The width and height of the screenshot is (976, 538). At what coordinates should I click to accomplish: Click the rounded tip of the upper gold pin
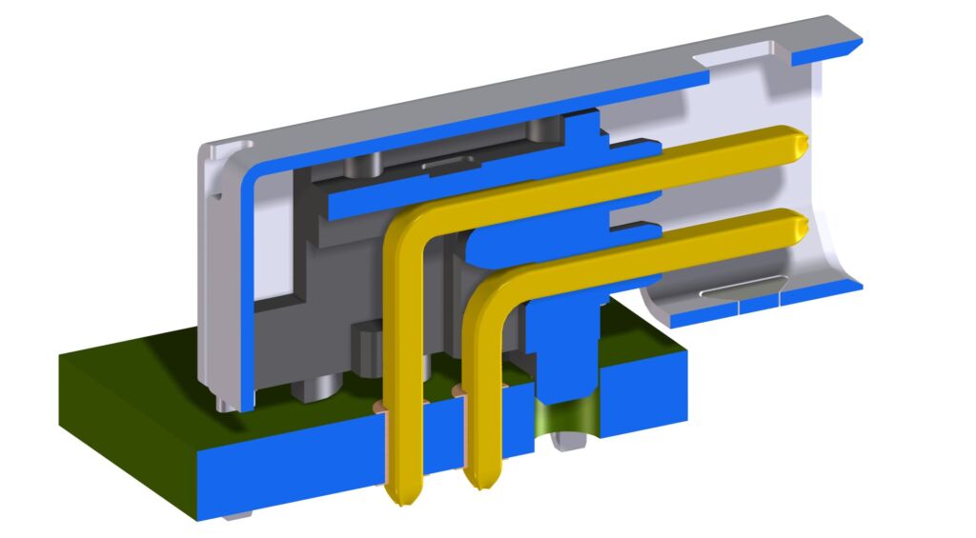tap(798, 143)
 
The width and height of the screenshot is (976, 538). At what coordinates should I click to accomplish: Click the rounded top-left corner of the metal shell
tap(212, 153)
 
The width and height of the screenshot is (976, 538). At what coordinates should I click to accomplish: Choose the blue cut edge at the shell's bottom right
tap(839, 287)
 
